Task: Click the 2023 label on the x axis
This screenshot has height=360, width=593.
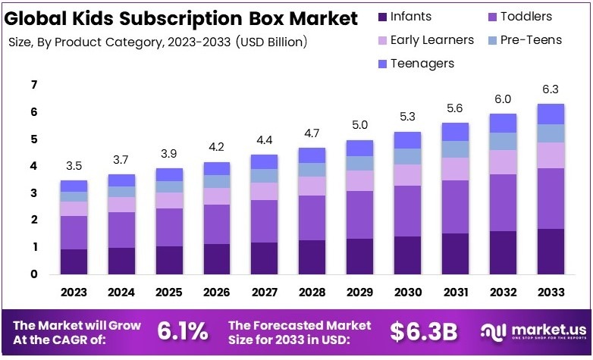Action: pyautogui.click(x=74, y=292)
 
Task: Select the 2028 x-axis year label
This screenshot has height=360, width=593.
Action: pyautogui.click(x=312, y=292)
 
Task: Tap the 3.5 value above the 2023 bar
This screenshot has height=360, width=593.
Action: pyautogui.click(x=74, y=165)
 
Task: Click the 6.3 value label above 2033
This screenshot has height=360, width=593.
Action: pyautogui.click(x=550, y=89)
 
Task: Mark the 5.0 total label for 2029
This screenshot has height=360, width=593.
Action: pyautogui.click(x=359, y=125)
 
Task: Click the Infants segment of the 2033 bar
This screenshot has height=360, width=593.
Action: pyautogui.click(x=550, y=251)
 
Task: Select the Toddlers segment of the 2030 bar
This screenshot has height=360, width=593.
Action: pyautogui.click(x=406, y=211)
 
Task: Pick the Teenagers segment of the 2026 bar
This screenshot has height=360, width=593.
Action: pyautogui.click(x=216, y=168)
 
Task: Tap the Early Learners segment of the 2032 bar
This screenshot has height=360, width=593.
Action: pyautogui.click(x=502, y=162)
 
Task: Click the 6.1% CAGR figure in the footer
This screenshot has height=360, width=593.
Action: pyautogui.click(x=182, y=330)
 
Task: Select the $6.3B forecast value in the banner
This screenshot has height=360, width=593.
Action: pyautogui.click(x=423, y=330)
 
